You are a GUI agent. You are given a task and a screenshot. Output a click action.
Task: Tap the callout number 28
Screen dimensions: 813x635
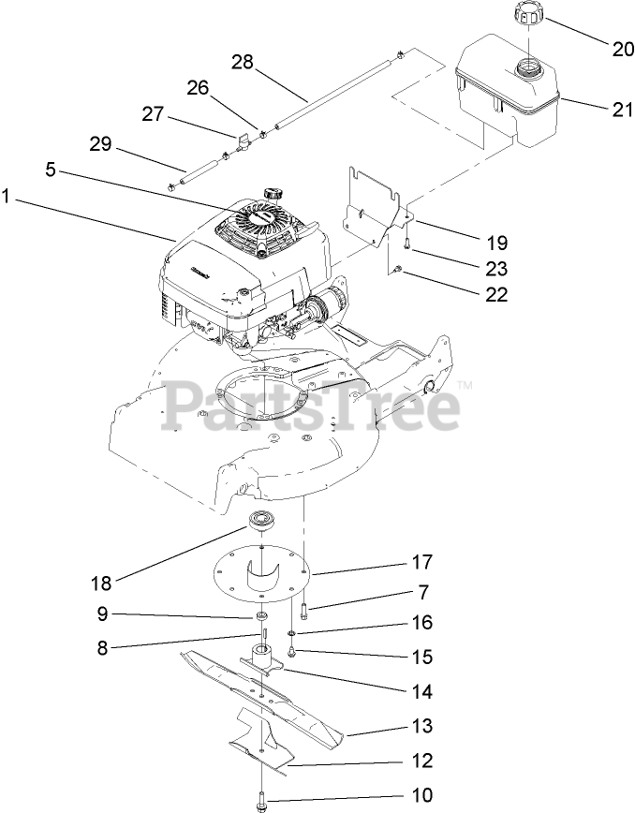(243, 62)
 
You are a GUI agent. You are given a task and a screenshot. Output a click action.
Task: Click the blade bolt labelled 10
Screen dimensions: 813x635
(259, 801)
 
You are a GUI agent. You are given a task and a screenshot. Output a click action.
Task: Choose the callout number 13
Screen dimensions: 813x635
(421, 725)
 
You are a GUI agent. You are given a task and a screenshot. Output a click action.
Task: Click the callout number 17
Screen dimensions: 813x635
(421, 563)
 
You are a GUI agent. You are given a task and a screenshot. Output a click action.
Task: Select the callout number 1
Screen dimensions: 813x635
(7, 197)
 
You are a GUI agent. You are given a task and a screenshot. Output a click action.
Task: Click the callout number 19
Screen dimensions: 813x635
(496, 243)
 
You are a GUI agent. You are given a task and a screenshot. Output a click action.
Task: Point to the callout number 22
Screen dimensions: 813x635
(496, 294)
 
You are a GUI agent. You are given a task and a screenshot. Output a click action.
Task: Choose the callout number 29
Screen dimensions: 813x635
(100, 144)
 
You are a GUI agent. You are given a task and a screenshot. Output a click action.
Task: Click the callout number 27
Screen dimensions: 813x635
(152, 114)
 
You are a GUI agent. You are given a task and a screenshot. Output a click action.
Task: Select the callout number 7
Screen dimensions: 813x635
(423, 592)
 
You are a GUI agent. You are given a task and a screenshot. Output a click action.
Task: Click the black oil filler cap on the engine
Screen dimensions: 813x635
(273, 193)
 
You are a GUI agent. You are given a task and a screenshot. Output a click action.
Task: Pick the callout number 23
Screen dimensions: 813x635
(496, 268)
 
